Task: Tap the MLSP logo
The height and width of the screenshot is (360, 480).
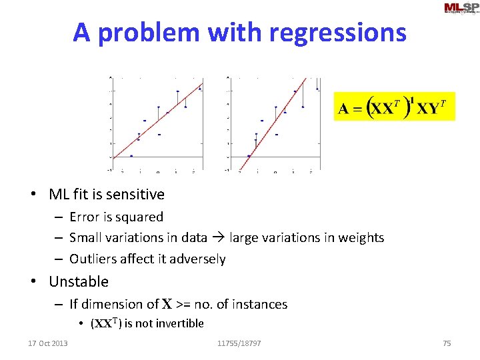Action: click(x=461, y=8)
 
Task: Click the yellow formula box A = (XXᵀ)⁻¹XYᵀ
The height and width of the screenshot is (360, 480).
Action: click(x=394, y=107)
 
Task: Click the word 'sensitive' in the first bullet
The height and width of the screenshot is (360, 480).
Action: click(x=137, y=195)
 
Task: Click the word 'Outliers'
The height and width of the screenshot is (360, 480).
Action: click(x=94, y=259)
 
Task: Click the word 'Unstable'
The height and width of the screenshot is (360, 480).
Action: click(x=79, y=281)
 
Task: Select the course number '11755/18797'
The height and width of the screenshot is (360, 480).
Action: click(x=239, y=343)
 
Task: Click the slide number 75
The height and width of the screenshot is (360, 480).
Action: click(x=447, y=343)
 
